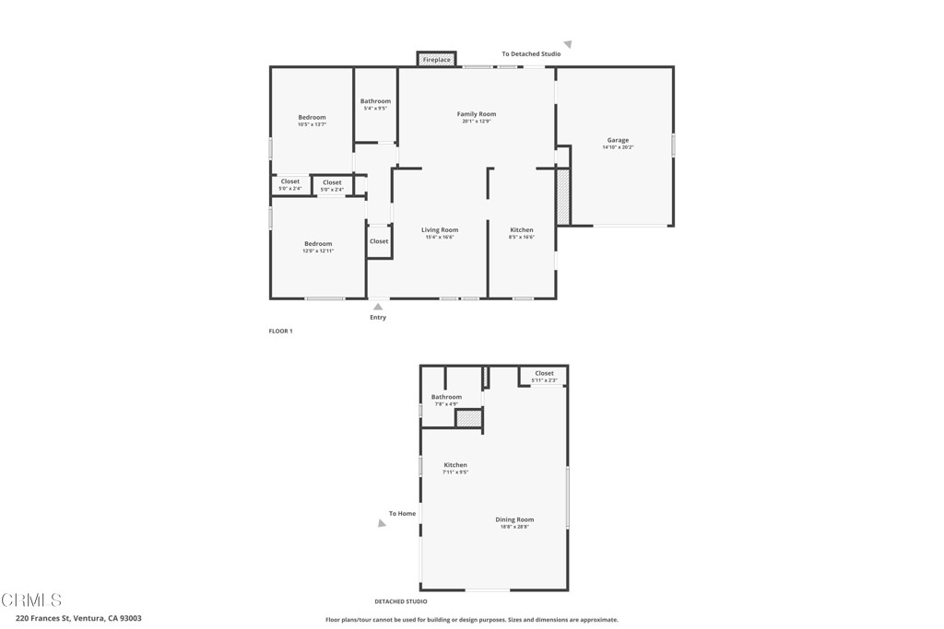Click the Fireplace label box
coord(437,60)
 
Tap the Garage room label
coord(618,141)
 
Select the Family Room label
coord(477,114)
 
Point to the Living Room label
coord(440,230)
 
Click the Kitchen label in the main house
coord(522,230)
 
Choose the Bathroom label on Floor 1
coord(375,101)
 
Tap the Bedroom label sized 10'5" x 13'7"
coord(312,118)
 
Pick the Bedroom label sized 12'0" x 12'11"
coord(318,244)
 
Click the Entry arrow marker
coord(378,307)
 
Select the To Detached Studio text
coord(531,54)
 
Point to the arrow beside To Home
coord(383,523)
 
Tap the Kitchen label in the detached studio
coord(455,465)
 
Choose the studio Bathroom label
coord(446,398)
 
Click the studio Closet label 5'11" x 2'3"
coord(544,374)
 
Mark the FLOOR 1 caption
coord(280,331)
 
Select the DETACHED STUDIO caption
coord(400,601)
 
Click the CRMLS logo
coord(31,600)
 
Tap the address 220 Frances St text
coord(78,619)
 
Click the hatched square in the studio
coord(469,418)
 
